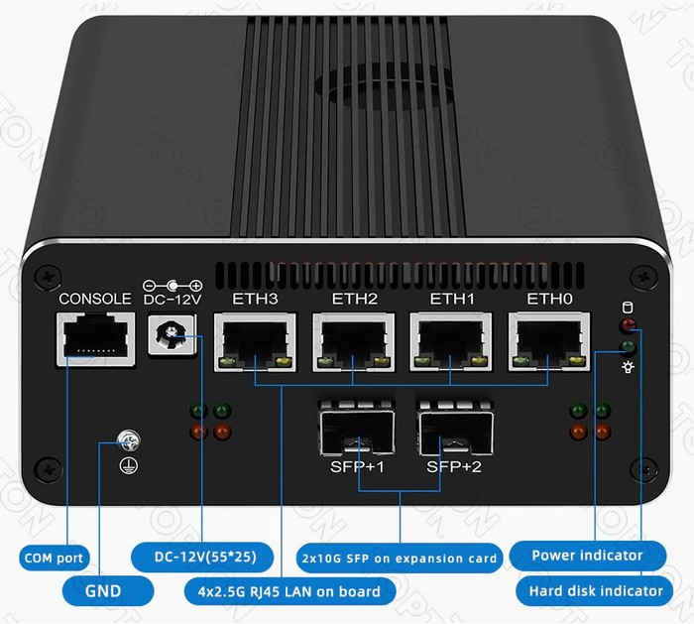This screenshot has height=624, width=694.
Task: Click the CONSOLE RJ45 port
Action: pos(93,339)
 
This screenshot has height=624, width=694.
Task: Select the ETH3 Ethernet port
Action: pos(255,343)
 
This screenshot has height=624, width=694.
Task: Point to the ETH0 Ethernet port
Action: pos(547,343)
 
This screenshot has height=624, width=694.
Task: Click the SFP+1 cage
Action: pos(354,428)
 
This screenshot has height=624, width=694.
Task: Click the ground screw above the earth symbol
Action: pos(127,439)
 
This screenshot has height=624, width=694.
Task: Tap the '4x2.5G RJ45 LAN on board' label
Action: pos(282,591)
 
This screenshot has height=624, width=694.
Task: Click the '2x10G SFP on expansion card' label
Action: pos(399,558)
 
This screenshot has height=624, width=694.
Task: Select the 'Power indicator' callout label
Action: pos(587,556)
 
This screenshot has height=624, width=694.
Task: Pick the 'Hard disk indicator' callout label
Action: pos(590,591)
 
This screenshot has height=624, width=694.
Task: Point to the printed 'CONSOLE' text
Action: pos(94,299)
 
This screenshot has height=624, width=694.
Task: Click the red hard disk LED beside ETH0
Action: pos(627,325)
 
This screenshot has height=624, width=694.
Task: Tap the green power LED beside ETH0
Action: pos(627,347)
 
